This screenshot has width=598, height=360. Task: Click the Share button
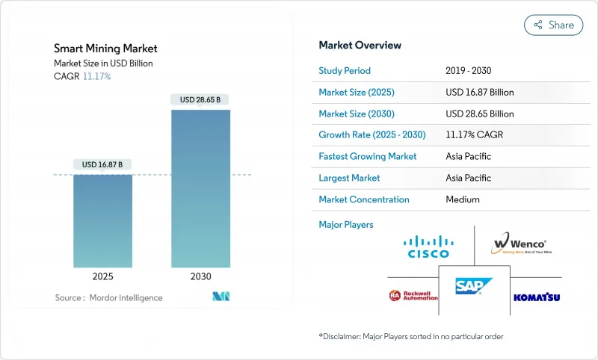[553, 25]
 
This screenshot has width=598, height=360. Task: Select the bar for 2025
[102, 221]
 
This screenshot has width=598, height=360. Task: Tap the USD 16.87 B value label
[102, 164]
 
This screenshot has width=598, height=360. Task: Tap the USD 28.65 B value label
[200, 99]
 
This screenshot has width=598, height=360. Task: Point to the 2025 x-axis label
[102, 276]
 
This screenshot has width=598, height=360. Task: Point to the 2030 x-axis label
[200, 276]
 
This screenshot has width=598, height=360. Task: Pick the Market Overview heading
[360, 45]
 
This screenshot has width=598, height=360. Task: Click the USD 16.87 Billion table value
[479, 93]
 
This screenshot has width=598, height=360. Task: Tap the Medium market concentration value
[462, 199]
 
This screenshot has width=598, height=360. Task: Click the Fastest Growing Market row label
[368, 157]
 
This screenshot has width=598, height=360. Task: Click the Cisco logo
[428, 246]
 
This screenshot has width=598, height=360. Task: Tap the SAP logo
[474, 287]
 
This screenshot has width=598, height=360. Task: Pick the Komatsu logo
[537, 297]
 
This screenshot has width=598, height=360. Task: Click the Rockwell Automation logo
[413, 296]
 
